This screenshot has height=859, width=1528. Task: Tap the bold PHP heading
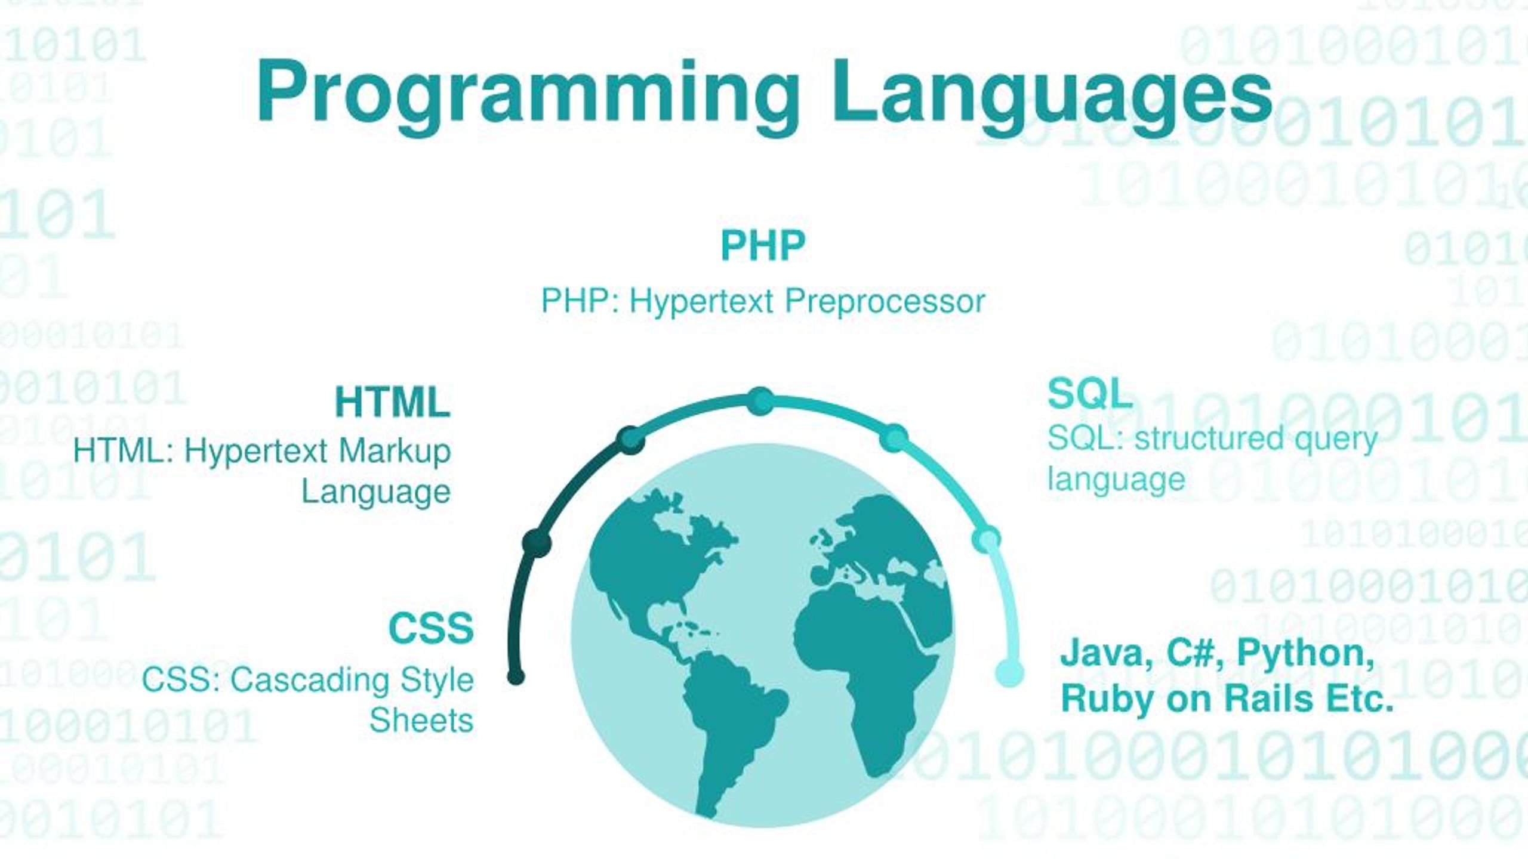(763, 245)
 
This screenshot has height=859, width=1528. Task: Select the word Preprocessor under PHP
(885, 301)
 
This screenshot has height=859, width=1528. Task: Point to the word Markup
(395, 451)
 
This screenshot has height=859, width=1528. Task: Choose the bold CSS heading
(431, 628)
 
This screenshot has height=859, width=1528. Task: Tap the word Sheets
(421, 721)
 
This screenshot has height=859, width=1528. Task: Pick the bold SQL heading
(1090, 394)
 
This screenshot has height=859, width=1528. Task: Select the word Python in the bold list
(1305, 652)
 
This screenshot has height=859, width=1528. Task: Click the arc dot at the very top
(761, 400)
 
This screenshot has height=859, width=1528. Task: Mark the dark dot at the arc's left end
(516, 676)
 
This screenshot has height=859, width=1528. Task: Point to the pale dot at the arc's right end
(1009, 673)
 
